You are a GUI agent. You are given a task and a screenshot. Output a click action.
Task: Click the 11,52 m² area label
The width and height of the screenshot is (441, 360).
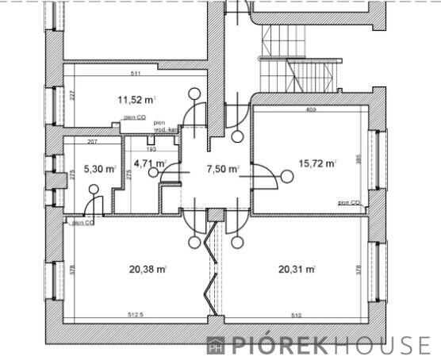pos(136,100)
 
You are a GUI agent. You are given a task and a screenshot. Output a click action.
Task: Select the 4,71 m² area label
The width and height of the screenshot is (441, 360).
pos(149,164)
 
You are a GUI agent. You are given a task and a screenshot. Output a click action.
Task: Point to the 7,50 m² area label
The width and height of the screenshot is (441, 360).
pos(223,169)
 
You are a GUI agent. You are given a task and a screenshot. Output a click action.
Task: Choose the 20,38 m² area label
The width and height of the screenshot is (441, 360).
pos(147,269)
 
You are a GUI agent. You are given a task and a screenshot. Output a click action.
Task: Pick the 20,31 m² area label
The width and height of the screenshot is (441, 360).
pos(297,269)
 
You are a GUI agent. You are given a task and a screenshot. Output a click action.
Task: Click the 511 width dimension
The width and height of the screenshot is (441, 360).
pos(136,74)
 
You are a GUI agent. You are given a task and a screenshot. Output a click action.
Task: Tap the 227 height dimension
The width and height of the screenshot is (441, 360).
pos(71,96)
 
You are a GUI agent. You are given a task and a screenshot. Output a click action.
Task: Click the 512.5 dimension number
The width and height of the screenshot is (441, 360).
pos(136,315)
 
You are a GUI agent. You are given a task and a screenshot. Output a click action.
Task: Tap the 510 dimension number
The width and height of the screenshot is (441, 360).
pos(295,315)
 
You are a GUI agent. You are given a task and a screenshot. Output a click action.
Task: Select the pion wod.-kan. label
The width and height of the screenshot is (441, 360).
pos(165,126)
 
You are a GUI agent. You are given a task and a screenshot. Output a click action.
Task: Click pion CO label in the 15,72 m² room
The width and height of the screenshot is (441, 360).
pos(349,203)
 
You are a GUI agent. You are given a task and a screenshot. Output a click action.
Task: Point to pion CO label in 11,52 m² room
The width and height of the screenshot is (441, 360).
pos(134,117)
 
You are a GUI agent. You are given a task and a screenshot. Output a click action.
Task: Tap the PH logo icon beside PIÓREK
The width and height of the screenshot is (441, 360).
pos(215,345)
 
